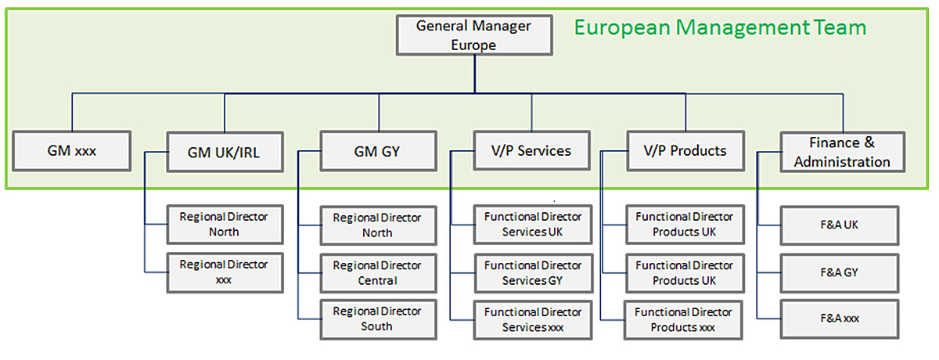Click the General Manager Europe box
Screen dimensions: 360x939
pyautogui.click(x=473, y=35)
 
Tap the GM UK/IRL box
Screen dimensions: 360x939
pyautogui.click(x=224, y=152)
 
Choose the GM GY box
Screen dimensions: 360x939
pyautogui.click(x=378, y=152)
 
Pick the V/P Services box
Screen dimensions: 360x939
pyautogui.click(x=533, y=151)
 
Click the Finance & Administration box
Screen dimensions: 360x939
pyautogui.click(x=842, y=152)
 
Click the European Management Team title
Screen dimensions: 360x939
pyautogui.click(x=720, y=28)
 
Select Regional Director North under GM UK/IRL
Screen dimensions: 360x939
pyautogui.click(x=224, y=225)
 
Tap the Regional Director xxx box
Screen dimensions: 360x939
pyautogui.click(x=224, y=272)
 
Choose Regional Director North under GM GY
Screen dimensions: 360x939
pyautogui.click(x=377, y=225)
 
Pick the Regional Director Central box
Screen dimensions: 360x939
pyautogui.click(x=377, y=272)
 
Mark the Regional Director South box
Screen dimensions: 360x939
pyautogui.click(x=377, y=319)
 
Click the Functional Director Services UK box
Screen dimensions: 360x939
pyautogui.click(x=533, y=225)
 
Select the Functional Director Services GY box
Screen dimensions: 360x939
pyautogui.click(x=533, y=272)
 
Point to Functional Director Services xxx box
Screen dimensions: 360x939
pyautogui.click(x=533, y=319)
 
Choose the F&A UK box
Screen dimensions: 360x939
pyautogui.click(x=840, y=225)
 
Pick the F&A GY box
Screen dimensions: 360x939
pyautogui.click(x=840, y=272)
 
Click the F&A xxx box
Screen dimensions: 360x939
pyautogui.click(x=840, y=319)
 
